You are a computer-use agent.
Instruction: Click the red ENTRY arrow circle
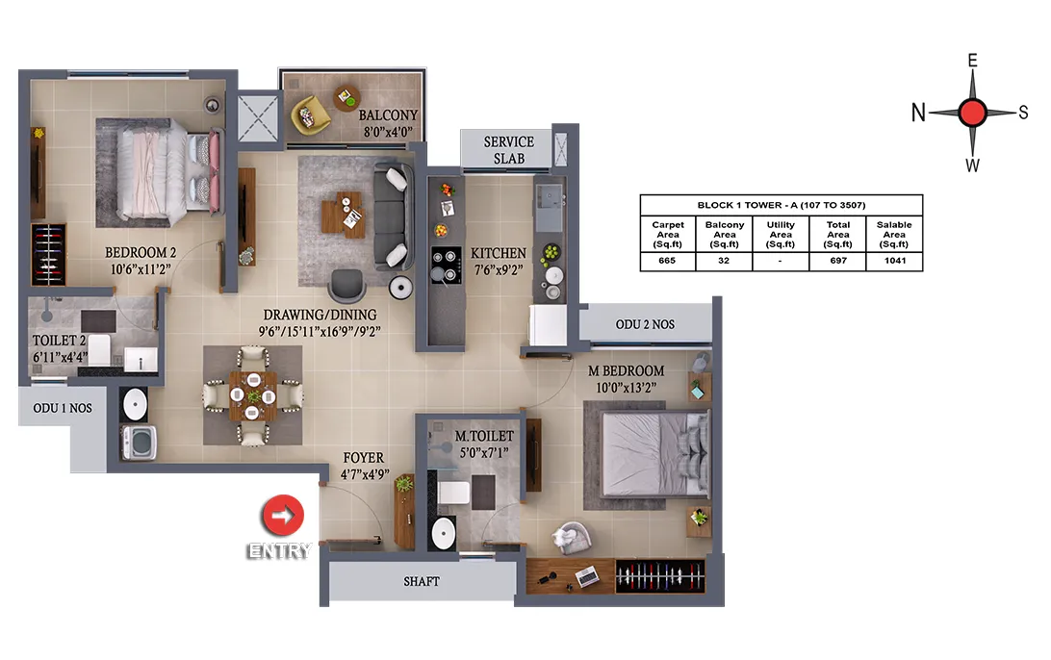pyautogui.click(x=282, y=516)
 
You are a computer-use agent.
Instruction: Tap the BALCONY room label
pyautogui.click(x=388, y=115)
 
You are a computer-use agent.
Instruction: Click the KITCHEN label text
pyautogui.click(x=498, y=253)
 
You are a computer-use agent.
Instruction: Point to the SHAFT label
pyautogui.click(x=422, y=582)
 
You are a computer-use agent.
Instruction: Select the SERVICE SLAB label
pyautogui.click(x=509, y=150)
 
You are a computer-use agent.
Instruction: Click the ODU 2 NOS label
pyautogui.click(x=645, y=324)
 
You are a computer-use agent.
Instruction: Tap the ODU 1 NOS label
pyautogui.click(x=63, y=408)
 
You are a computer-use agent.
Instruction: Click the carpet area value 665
pyautogui.click(x=667, y=261)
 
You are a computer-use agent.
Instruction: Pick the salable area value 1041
pyautogui.click(x=895, y=261)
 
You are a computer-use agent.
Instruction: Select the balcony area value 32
pyautogui.click(x=724, y=261)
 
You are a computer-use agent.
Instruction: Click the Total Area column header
pyautogui.click(x=838, y=235)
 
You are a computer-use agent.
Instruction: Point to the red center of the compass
pyautogui.click(x=972, y=113)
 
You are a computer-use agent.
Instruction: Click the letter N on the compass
pyautogui.click(x=918, y=113)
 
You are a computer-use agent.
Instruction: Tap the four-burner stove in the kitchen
pyautogui.click(x=446, y=265)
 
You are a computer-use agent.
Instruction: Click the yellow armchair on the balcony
pyautogui.click(x=310, y=114)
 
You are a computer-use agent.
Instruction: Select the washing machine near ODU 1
pyautogui.click(x=139, y=443)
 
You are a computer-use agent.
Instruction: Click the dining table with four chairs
pyautogui.click(x=253, y=395)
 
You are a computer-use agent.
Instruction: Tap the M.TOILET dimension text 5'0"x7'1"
pyautogui.click(x=484, y=452)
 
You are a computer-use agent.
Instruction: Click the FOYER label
pyautogui.click(x=363, y=458)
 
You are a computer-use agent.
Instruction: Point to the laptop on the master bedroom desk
pyautogui.click(x=587, y=575)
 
